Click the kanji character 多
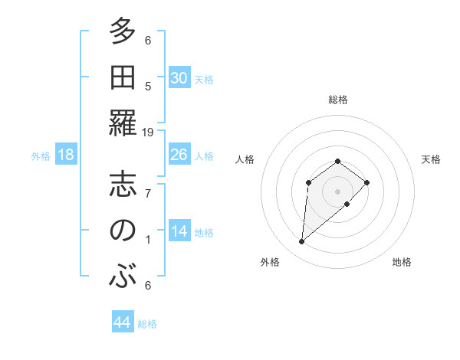(122, 33)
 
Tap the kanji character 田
(122, 78)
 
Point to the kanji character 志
(122, 186)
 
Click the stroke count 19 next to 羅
(148, 133)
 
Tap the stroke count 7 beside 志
(148, 194)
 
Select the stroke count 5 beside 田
(148, 87)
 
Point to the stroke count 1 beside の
(148, 240)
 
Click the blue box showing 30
(179, 78)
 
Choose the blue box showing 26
(179, 155)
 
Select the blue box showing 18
(66, 155)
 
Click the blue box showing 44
(122, 322)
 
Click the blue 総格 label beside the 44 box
(147, 324)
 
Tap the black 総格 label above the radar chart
(337, 100)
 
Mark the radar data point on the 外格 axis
(302, 242)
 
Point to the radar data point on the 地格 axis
(347, 204)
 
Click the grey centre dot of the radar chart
(337, 190)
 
